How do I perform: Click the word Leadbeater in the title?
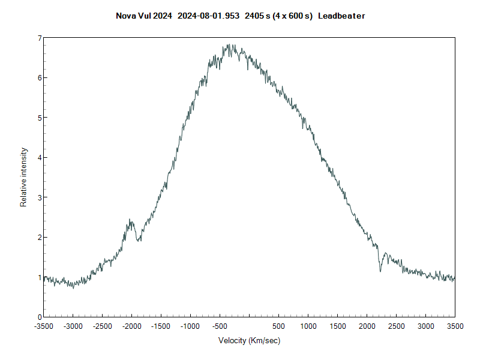(x=341, y=16)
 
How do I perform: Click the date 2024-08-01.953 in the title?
(x=209, y=16)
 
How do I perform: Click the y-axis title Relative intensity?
(x=24, y=177)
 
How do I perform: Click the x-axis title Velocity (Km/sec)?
(x=249, y=341)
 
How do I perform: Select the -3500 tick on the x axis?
(x=44, y=326)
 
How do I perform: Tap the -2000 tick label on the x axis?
(x=131, y=326)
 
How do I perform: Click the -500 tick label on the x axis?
(x=220, y=326)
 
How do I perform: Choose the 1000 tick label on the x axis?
(x=308, y=326)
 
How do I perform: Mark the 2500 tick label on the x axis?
(x=396, y=326)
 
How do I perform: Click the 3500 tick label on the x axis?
(x=454, y=326)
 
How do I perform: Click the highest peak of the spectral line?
(x=229, y=44)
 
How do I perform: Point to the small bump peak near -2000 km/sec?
(x=130, y=220)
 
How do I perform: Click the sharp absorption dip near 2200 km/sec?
(x=380, y=271)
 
